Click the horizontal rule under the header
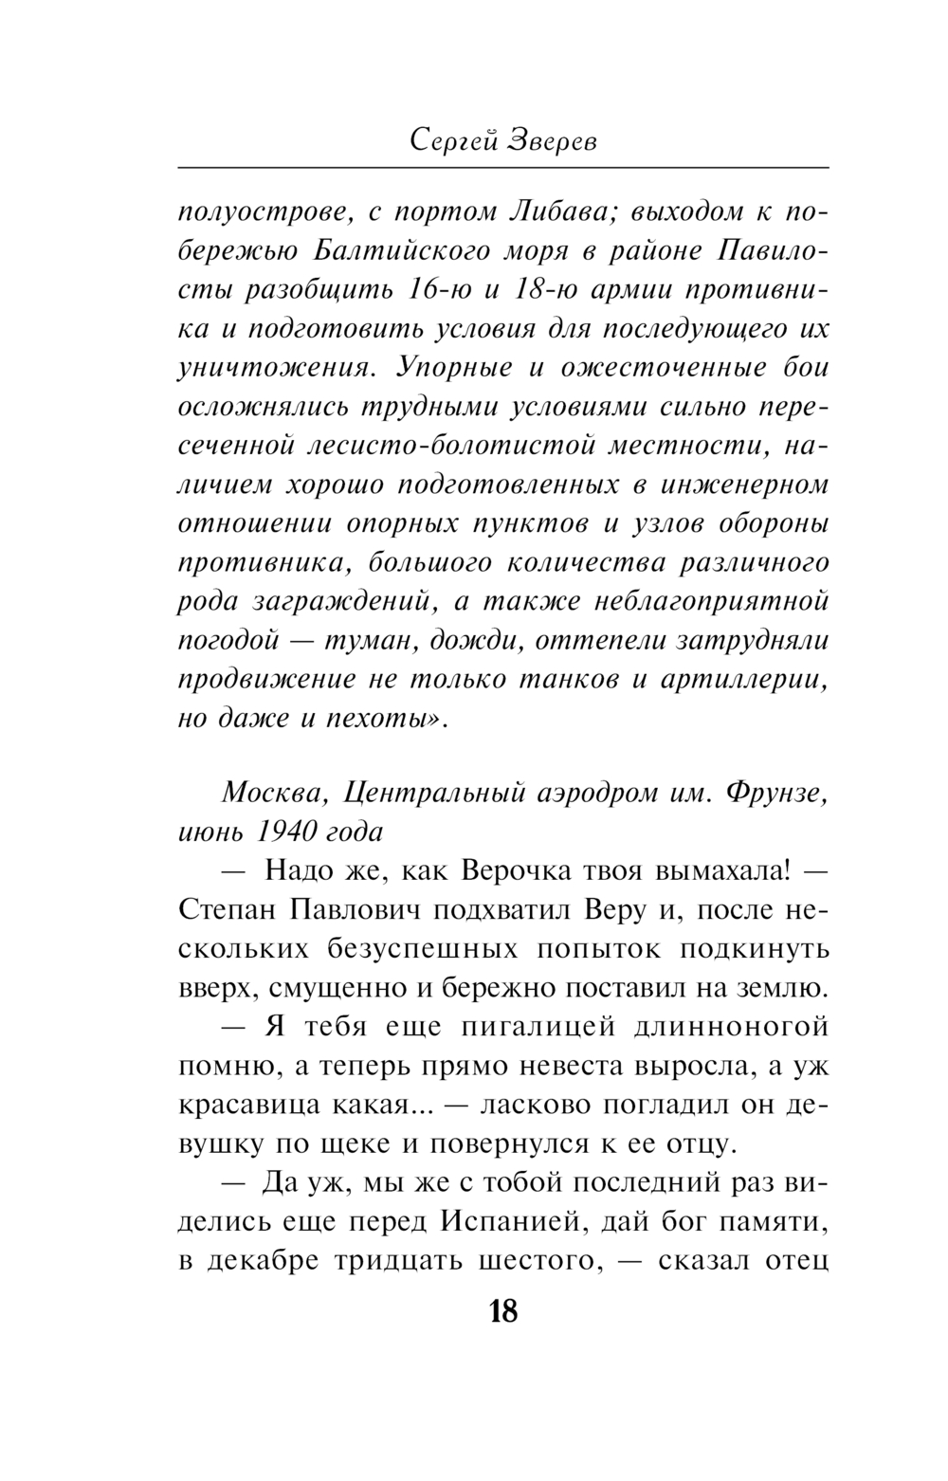(x=503, y=168)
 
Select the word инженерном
(x=744, y=484)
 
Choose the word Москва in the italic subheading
(x=268, y=793)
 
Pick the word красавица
(x=245, y=1105)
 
